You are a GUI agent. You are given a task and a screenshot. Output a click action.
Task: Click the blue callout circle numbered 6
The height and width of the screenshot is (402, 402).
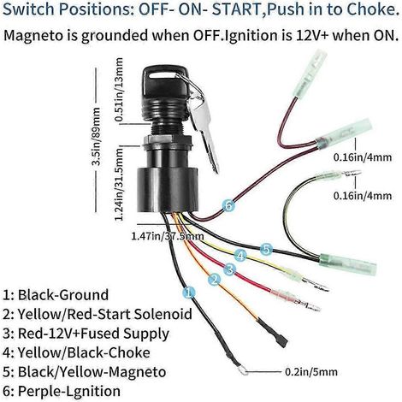[228, 205]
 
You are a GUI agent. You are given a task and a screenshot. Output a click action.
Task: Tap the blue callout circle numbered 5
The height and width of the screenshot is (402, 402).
[266, 250]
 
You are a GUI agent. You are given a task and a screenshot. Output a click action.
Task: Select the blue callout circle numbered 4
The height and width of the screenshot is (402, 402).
[240, 256]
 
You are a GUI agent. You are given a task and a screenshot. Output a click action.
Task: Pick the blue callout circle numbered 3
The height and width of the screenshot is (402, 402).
[229, 269]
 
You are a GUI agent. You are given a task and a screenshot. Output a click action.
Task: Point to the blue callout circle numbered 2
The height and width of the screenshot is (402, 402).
[215, 280]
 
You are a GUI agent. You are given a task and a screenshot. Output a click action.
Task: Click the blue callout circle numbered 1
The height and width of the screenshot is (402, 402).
[189, 293]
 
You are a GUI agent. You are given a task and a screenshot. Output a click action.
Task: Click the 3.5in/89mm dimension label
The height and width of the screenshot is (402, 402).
[96, 136]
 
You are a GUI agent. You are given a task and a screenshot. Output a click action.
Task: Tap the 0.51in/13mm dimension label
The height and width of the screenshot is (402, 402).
[119, 89]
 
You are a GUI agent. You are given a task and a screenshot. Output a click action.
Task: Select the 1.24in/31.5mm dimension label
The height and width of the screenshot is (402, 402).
[119, 184]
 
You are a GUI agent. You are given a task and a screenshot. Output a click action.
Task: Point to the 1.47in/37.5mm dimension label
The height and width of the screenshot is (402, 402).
[168, 236]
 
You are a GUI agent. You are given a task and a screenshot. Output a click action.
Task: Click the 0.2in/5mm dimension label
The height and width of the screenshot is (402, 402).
[311, 372]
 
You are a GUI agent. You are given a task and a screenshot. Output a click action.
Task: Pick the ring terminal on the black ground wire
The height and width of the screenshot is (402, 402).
[243, 370]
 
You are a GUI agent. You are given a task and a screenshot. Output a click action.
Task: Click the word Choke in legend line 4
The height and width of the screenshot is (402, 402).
[130, 352]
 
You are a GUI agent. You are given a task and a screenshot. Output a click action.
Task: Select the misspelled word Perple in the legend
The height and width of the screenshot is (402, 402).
[40, 392]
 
